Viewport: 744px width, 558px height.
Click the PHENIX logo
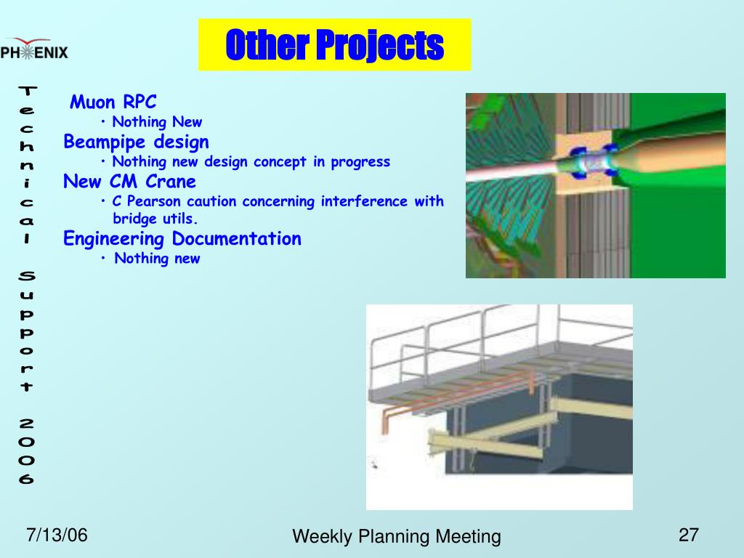(34, 49)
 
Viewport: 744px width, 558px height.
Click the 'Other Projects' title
(334, 44)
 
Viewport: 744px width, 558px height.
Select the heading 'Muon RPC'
(113, 102)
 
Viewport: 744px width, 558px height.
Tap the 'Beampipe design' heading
(136, 142)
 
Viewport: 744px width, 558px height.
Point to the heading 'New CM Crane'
(129, 181)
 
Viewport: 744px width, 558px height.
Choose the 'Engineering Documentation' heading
(182, 238)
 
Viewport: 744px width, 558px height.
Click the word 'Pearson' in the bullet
(154, 201)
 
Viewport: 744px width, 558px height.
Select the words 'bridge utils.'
(155, 219)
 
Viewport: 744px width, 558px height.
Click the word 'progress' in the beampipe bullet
(360, 162)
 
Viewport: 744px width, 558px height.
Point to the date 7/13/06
(57, 535)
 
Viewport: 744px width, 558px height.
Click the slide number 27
(689, 535)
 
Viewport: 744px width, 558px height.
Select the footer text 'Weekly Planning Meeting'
(397, 537)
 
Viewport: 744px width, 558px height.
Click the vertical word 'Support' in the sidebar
(27, 331)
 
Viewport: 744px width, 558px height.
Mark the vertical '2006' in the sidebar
(27, 450)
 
